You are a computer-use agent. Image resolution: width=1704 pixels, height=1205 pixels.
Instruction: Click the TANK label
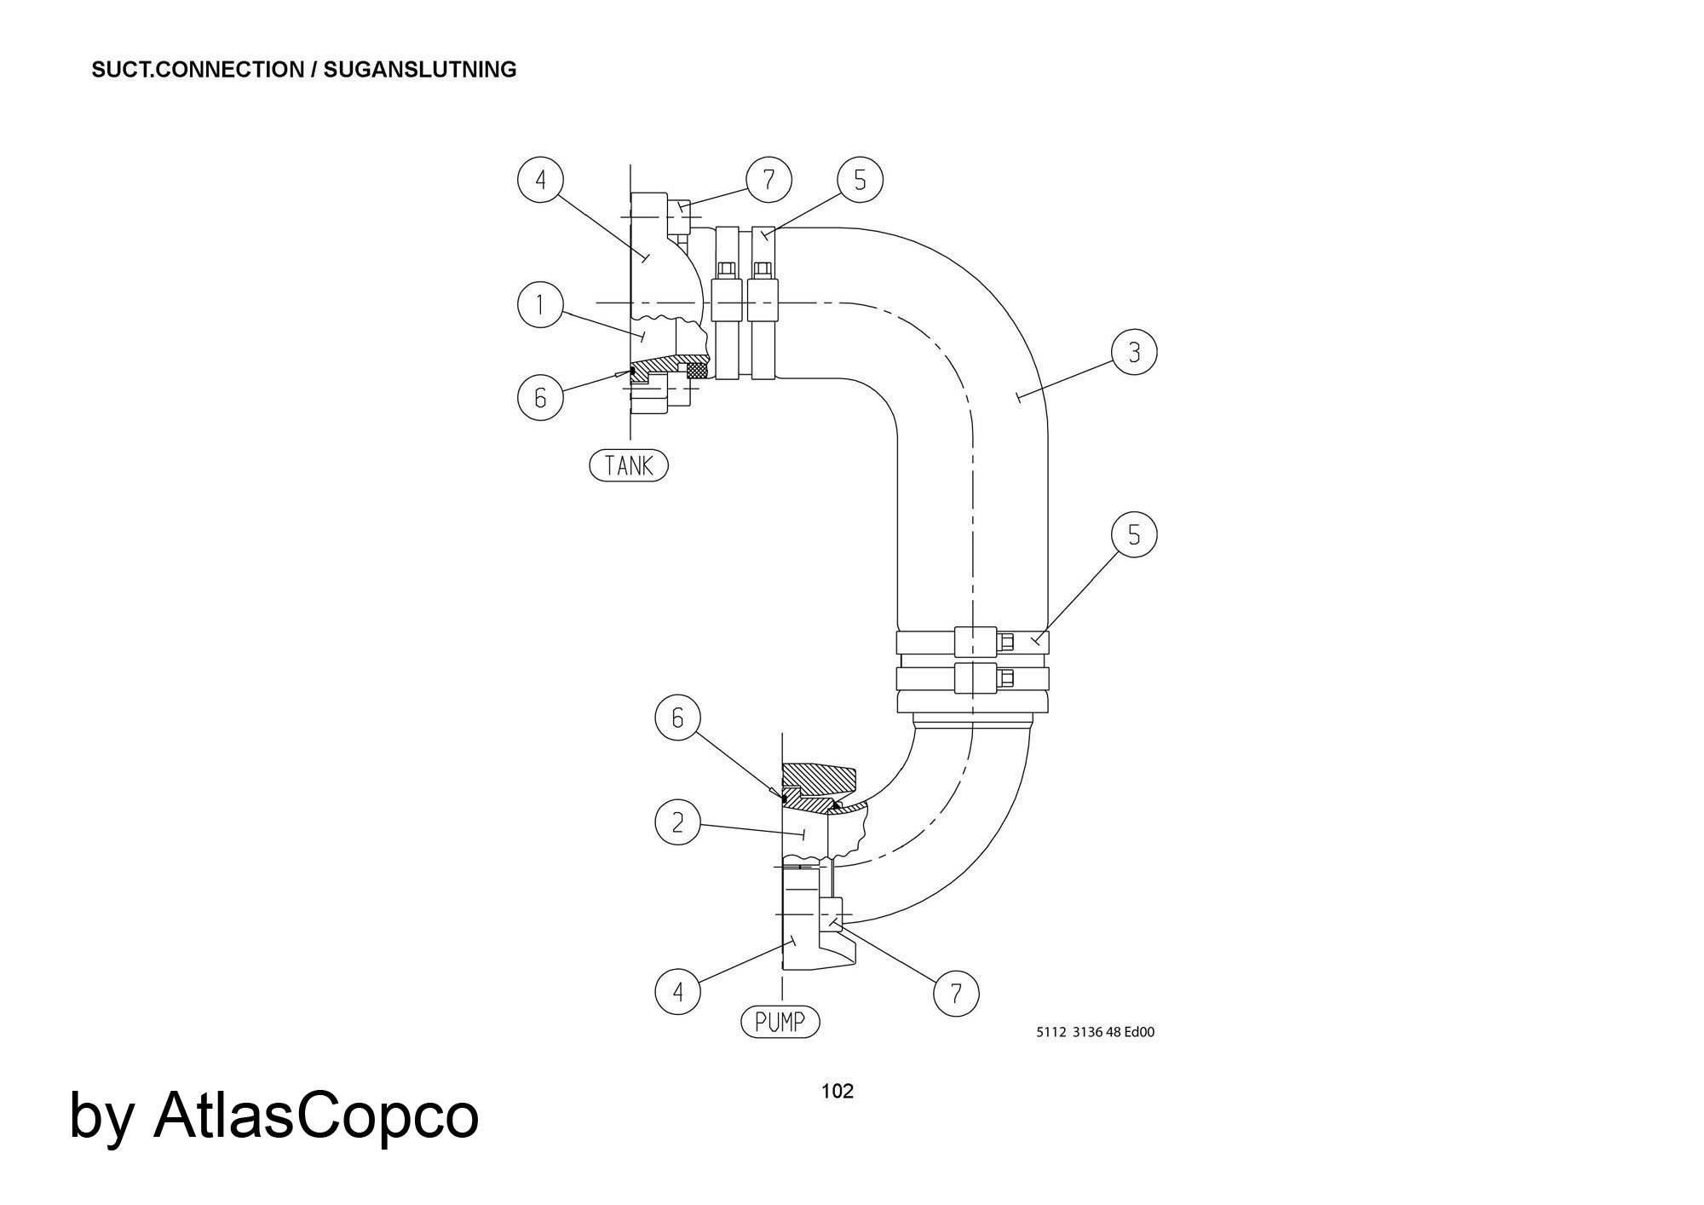629,465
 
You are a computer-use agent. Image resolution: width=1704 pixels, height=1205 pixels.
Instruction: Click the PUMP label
780,1022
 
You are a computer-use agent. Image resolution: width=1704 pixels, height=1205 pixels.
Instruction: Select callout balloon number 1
540,305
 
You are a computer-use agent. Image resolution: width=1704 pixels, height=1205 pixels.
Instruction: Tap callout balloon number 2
677,822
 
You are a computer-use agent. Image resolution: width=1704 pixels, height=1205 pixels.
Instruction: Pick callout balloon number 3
1134,352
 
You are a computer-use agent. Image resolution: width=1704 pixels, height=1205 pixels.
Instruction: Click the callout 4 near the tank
540,180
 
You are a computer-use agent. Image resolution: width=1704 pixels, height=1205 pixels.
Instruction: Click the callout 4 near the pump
677,992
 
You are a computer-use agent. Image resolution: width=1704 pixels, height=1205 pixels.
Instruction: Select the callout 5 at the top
860,180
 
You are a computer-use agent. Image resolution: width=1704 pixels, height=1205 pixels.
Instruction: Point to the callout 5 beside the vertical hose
1134,534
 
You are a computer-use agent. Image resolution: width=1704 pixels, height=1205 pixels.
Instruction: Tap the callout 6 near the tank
540,397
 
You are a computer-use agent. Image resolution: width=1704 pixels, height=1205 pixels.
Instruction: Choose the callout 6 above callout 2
677,718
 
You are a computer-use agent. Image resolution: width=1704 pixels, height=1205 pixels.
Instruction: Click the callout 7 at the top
769,180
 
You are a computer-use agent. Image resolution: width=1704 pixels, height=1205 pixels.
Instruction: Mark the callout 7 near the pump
956,994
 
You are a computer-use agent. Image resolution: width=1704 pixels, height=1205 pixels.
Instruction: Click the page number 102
837,1092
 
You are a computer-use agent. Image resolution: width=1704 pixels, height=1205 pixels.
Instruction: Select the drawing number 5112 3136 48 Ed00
1095,1032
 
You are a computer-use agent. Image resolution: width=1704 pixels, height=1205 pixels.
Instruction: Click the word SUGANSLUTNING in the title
420,70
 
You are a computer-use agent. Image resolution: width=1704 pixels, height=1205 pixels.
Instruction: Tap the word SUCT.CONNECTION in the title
197,70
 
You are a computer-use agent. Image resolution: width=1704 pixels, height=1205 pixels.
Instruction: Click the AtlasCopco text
315,1116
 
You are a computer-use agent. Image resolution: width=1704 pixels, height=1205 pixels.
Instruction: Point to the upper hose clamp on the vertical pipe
972,641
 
